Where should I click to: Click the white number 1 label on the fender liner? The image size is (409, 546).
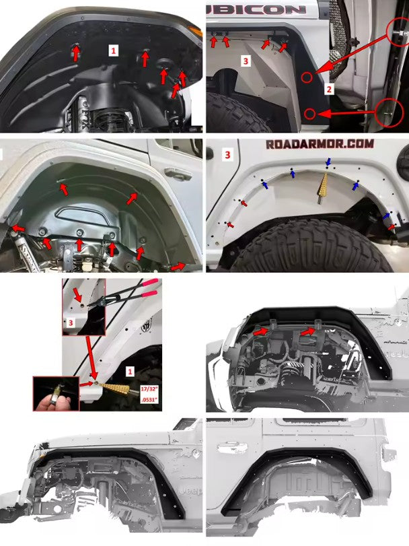[113, 50]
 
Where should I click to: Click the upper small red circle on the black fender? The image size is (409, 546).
[307, 77]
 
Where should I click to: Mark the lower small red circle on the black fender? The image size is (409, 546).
[311, 113]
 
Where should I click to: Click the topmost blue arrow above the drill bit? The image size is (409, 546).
[328, 162]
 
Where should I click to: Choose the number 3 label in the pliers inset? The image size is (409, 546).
[71, 324]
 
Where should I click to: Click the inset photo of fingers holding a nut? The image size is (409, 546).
[54, 394]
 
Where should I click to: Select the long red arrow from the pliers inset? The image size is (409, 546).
[89, 357]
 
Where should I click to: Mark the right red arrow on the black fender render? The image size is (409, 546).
[307, 331]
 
